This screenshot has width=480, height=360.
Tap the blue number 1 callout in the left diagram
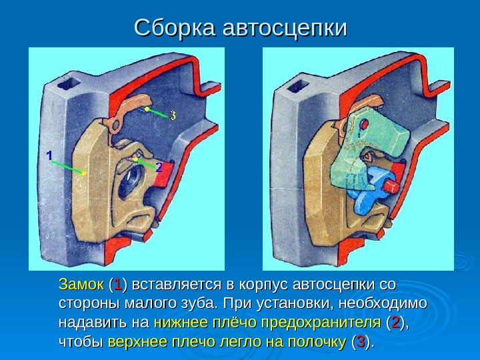point(49,155)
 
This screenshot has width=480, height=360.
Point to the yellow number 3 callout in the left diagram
point(173,115)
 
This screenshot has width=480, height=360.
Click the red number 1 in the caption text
point(117,285)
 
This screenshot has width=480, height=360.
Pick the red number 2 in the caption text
point(396,323)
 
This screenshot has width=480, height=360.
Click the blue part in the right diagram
point(370,190)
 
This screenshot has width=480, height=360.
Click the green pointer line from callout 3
point(156,111)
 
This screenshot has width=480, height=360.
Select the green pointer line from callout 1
point(67,166)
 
